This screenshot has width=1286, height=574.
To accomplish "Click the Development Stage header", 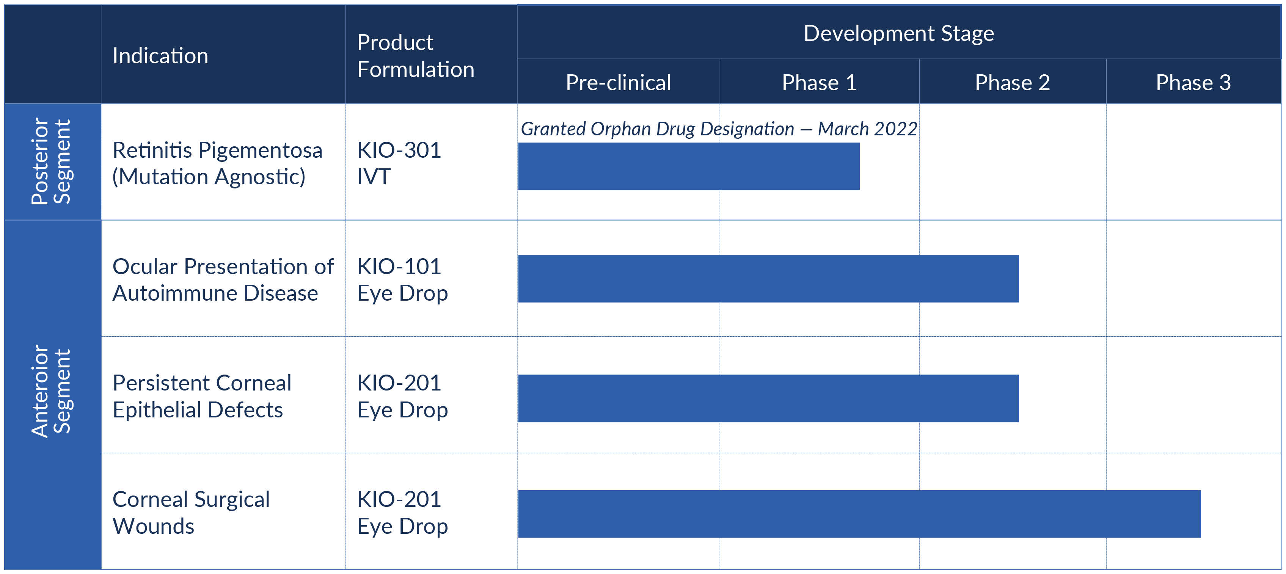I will tap(898, 33).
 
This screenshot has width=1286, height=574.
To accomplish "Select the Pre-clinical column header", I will tap(618, 82).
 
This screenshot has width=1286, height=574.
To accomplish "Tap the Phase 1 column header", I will tap(819, 82).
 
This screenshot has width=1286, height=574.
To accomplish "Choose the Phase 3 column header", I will tap(1193, 82).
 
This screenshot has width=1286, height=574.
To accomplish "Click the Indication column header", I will tap(160, 55).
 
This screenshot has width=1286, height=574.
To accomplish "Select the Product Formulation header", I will tap(415, 55).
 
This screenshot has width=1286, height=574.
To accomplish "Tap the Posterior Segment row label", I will tap(52, 161).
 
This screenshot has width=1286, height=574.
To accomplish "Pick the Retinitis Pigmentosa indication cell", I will tap(217, 163).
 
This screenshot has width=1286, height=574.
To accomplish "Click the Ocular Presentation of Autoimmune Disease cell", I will tap(223, 279).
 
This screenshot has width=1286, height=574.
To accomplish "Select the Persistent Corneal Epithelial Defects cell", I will tap(202, 396).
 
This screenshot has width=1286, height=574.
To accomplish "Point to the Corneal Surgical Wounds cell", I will tap(191, 513).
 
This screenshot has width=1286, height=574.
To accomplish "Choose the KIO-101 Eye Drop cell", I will tap(402, 279).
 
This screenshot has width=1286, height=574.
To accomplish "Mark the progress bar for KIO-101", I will tap(768, 279).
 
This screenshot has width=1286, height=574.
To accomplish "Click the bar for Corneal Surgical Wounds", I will tap(859, 514).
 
